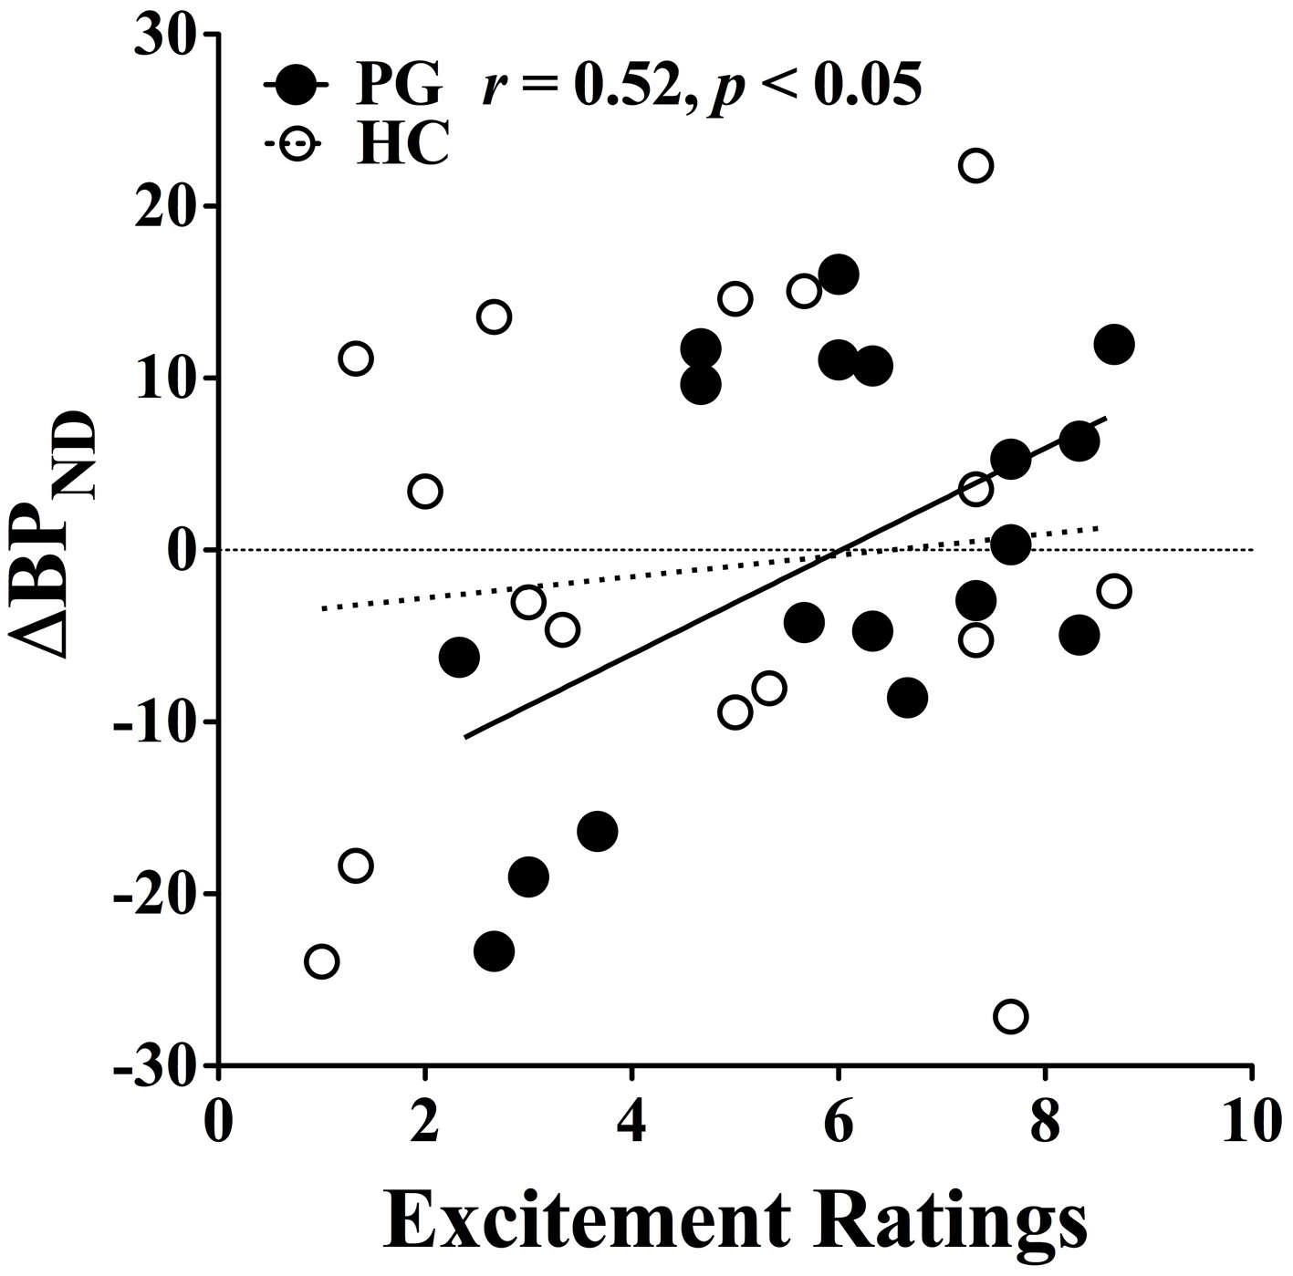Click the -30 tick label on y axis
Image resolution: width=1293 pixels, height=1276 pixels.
156,1064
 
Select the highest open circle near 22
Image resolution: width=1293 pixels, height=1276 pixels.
975,166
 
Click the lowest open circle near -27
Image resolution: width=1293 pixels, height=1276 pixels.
1010,1016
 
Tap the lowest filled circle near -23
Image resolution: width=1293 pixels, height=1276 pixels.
494,951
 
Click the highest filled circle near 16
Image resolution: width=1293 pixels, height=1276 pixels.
838,275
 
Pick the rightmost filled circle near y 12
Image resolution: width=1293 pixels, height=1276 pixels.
1113,345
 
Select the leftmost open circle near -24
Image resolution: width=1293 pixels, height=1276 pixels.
321,961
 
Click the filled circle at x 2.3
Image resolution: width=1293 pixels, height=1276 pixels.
459,658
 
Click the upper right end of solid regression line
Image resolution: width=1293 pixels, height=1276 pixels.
1105,418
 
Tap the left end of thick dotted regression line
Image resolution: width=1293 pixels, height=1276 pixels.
323,608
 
